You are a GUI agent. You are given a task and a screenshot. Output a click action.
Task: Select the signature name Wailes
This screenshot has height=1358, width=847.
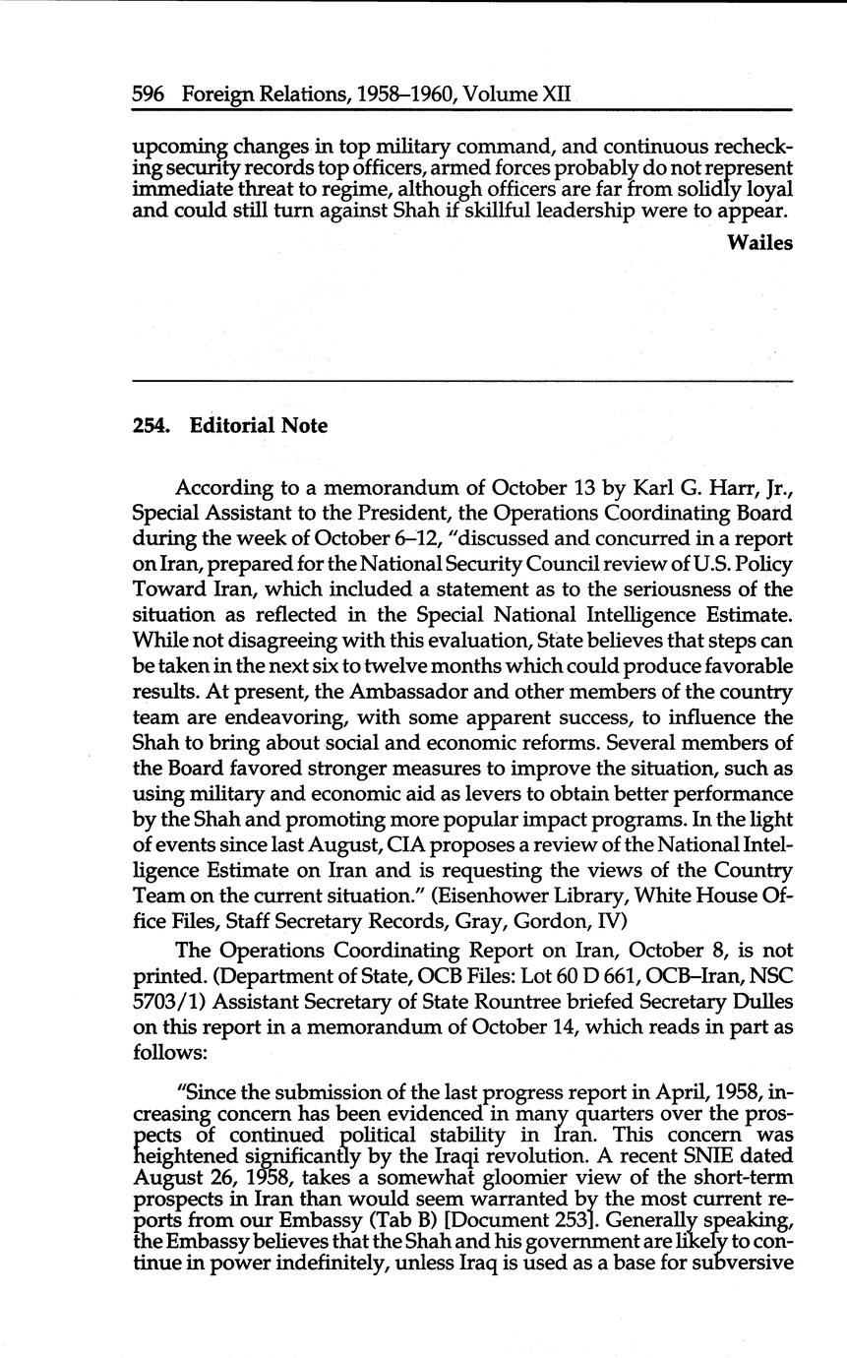pyautogui.click(x=759, y=243)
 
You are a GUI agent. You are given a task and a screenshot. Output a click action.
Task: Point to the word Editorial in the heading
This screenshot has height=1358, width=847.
pyautogui.click(x=233, y=426)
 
